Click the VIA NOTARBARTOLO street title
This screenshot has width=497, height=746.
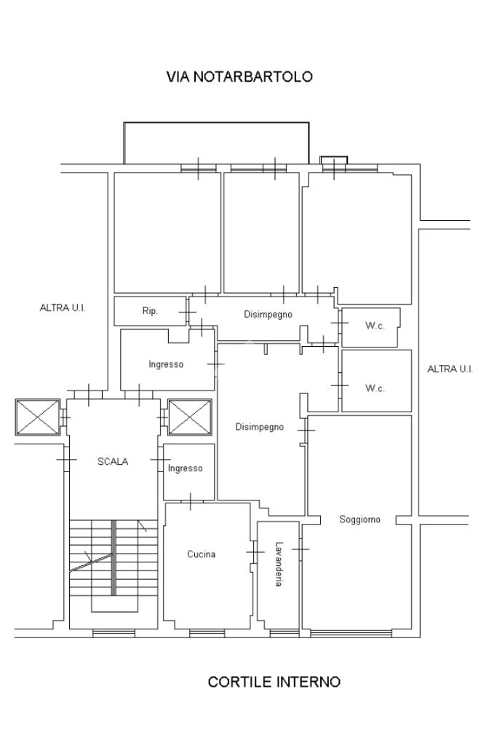(239, 76)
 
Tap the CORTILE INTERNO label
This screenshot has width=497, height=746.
(274, 682)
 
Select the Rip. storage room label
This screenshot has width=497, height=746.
(150, 311)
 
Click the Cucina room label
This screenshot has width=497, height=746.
(202, 554)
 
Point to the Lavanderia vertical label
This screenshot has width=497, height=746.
(279, 565)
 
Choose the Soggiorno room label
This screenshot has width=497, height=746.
(359, 519)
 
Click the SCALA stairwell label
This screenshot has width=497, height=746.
(113, 461)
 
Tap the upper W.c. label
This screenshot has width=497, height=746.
(375, 326)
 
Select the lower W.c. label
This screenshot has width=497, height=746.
(375, 388)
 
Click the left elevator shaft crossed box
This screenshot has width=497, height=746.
(38, 417)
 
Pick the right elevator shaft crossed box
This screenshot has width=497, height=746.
(190, 417)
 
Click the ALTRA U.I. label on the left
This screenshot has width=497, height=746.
(63, 308)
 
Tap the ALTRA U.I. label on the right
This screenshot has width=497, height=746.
(450, 369)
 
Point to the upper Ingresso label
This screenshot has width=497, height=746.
(166, 364)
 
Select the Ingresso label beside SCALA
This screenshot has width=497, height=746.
(186, 468)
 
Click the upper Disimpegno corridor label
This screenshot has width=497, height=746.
(268, 315)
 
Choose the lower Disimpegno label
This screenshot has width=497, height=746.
(260, 427)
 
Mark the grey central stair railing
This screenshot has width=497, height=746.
(114, 557)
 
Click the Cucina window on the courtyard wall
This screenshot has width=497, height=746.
(207, 633)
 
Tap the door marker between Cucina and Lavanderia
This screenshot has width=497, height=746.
(255, 552)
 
